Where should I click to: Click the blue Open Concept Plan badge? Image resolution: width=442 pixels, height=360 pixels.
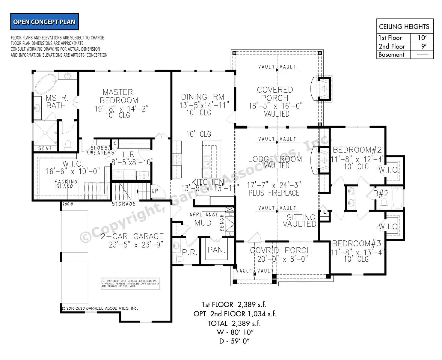click(x=44, y=22)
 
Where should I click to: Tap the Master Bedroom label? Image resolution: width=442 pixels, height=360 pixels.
click(x=118, y=96)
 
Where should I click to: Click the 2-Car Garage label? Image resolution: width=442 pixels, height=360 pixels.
click(x=132, y=237)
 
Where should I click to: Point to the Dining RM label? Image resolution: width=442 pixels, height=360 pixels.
click(x=203, y=97)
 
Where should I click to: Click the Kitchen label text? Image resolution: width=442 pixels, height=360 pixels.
click(x=207, y=182)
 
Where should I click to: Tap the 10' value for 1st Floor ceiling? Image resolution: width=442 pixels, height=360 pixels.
click(x=422, y=38)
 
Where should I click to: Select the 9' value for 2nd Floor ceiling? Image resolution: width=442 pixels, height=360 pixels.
click(x=423, y=46)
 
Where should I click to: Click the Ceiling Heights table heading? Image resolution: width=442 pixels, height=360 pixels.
click(x=404, y=27)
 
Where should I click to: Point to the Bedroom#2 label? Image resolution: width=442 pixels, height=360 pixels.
click(x=357, y=150)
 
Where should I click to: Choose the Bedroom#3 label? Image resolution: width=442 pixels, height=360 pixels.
click(x=357, y=243)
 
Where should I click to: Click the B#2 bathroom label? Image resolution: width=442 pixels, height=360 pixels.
click(x=381, y=194)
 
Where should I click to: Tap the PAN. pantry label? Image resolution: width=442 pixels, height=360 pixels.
click(x=216, y=250)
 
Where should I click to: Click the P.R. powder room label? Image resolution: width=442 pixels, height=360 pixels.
click(x=189, y=253)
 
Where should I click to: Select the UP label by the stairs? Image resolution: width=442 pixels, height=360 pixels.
click(x=155, y=191)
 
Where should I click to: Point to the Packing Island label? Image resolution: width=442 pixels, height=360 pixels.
click(x=66, y=184)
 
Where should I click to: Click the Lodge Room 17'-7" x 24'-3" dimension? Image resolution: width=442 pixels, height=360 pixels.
click(x=274, y=185)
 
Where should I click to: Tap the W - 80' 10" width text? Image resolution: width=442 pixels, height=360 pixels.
click(x=235, y=332)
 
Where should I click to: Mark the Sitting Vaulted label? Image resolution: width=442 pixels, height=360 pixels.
click(x=300, y=221)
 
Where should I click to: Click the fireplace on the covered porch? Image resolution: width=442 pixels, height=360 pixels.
click(x=322, y=89)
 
